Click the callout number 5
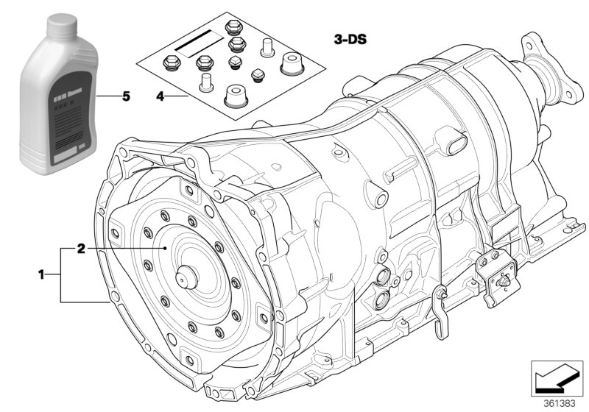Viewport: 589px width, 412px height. [x=126, y=96]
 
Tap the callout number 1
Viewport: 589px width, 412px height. [x=42, y=275]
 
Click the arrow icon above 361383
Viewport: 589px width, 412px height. [x=557, y=375]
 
